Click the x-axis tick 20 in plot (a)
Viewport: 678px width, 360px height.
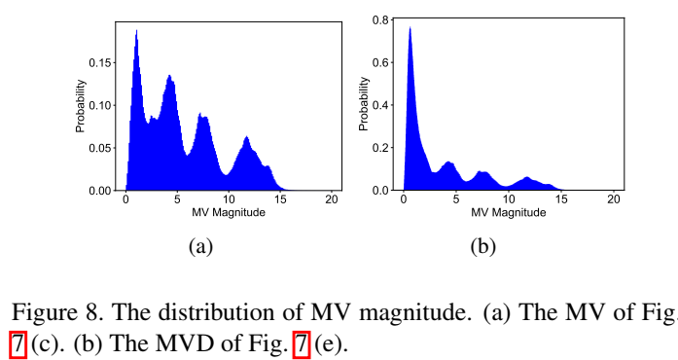click(331, 199)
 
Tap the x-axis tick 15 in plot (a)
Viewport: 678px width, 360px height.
click(279, 199)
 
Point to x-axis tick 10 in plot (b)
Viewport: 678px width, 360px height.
click(508, 199)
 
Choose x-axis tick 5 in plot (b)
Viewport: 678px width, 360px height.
click(456, 199)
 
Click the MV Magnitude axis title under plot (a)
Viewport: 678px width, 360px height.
click(229, 212)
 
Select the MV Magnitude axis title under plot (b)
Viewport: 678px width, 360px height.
click(508, 212)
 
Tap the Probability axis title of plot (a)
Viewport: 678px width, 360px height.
click(81, 105)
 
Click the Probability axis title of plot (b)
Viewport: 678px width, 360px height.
click(363, 105)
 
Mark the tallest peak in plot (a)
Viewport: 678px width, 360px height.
click(136, 30)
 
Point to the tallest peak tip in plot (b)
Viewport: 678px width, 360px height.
click(410, 27)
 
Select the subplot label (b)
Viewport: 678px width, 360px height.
click(482, 247)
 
